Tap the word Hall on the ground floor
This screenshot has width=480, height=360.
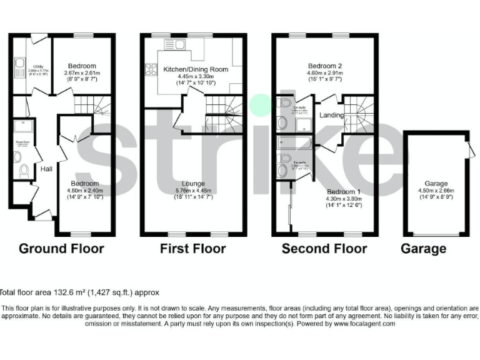pyautogui.click(x=46, y=169)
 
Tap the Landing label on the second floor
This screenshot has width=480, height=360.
pyautogui.click(x=331, y=116)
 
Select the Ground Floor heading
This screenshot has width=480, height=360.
pyautogui.click(x=61, y=249)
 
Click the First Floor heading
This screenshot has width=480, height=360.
pyautogui.click(x=192, y=249)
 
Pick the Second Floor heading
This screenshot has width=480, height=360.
pyautogui.click(x=324, y=249)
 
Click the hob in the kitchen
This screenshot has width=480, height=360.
pyautogui.click(x=151, y=69)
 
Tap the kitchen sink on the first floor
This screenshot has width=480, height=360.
pyautogui.click(x=170, y=44)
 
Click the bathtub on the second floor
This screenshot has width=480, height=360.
pyautogui.click(x=296, y=143)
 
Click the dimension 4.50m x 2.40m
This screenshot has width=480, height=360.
pyautogui.click(x=82, y=190)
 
